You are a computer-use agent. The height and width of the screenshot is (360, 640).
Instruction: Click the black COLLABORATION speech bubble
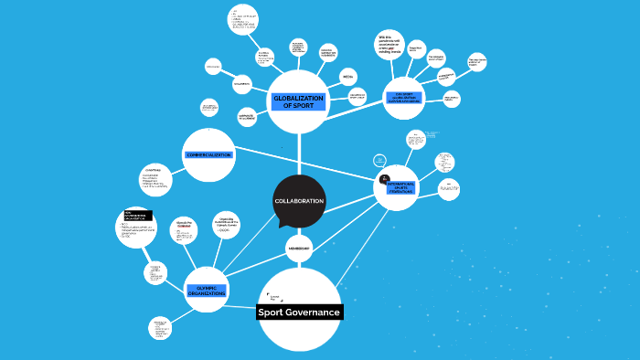pyautogui.click(x=299, y=201)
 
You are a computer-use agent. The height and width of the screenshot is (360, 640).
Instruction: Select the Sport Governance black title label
pyautogui.click(x=299, y=312)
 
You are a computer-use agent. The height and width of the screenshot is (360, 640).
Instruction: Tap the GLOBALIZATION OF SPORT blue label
pyautogui.click(x=298, y=101)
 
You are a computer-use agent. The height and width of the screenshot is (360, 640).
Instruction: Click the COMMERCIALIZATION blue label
pyautogui.click(x=209, y=154)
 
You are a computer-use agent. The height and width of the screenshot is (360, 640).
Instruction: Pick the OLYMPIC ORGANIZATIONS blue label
pyautogui.click(x=206, y=291)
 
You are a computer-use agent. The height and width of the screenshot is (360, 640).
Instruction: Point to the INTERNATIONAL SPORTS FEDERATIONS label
pyautogui.click(x=400, y=188)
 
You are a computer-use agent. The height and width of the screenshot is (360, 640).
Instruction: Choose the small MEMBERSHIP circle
pyautogui.click(x=299, y=249)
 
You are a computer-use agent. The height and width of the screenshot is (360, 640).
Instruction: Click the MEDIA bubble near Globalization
pyautogui.click(x=347, y=78)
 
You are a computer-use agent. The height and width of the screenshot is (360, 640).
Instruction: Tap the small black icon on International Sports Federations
pyautogui.click(x=385, y=178)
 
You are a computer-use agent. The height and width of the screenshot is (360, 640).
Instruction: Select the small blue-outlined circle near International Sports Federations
pyautogui.click(x=379, y=161)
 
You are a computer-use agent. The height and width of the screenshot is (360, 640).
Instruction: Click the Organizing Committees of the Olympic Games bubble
pyautogui.click(x=225, y=224)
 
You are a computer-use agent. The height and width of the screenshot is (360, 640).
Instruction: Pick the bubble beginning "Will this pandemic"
pyautogui.click(x=390, y=45)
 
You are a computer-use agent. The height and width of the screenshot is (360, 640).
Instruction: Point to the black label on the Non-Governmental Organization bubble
pyautogui.click(x=137, y=217)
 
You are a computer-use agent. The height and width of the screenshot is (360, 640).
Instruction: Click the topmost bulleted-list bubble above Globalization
pyautogui.click(x=242, y=19)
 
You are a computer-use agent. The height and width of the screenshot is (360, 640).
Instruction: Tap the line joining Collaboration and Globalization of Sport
pyautogui.click(x=299, y=154)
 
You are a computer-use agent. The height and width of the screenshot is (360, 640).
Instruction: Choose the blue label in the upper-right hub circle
pyautogui.click(x=403, y=97)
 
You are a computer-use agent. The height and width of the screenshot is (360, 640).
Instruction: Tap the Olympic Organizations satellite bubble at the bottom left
pyautogui.click(x=161, y=328)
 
